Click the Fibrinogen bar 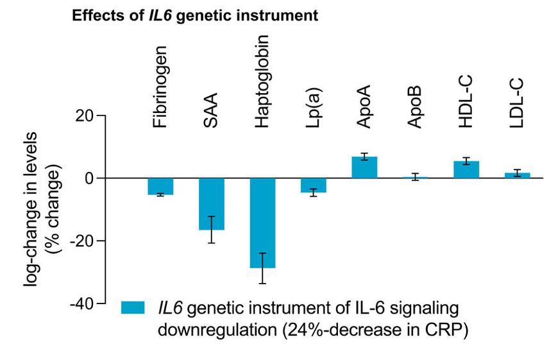click(160, 186)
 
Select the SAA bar click(211, 203)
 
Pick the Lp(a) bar click(313, 185)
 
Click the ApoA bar click(364, 167)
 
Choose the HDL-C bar click(466, 169)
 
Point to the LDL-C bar click(517, 175)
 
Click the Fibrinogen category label click(160, 87)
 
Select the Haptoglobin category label click(262, 81)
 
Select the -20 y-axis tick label click(80, 241)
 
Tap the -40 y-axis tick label click(80, 303)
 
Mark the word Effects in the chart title click(96, 16)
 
